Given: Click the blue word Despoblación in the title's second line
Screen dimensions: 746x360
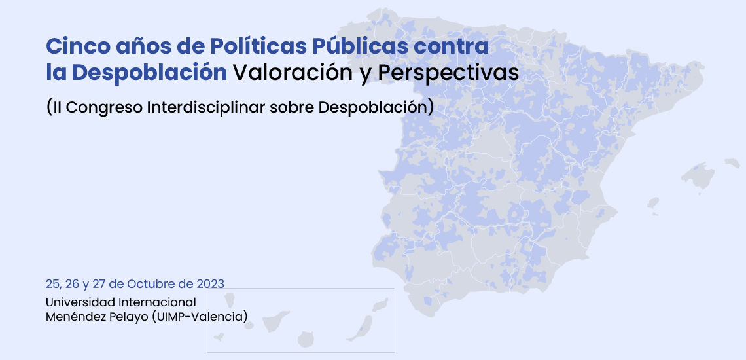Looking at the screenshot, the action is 149,73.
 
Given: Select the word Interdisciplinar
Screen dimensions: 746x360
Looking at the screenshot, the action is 206,107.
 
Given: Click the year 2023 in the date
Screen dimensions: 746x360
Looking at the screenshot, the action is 210,284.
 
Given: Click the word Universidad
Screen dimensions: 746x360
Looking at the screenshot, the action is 80,302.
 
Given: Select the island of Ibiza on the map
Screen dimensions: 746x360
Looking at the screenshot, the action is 653,204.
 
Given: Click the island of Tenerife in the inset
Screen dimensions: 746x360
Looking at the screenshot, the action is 275,320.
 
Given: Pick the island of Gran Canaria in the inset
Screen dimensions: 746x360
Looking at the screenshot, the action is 306,340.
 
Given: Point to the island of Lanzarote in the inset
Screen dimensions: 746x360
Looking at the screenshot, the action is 380,305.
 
